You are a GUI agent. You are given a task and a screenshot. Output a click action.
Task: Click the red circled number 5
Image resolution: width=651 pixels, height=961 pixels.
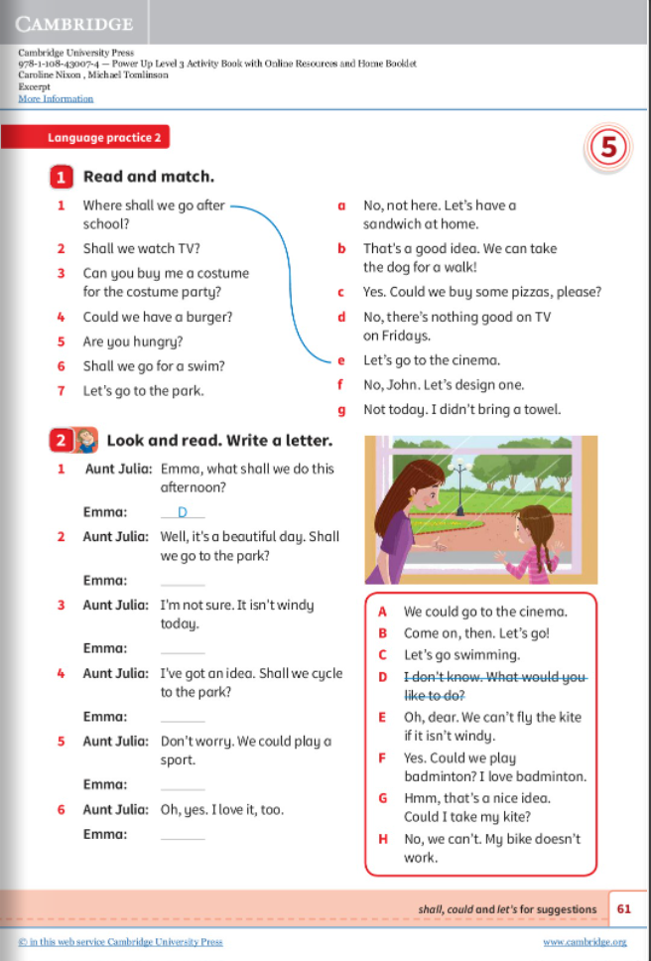coord(607,148)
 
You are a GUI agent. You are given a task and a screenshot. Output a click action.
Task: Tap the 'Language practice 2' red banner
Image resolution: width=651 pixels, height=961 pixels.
coord(103,138)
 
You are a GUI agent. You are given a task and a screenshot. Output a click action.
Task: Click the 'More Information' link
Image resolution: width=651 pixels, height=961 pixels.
coord(56,98)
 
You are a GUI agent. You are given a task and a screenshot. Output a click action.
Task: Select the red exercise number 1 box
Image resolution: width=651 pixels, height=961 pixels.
coord(61,178)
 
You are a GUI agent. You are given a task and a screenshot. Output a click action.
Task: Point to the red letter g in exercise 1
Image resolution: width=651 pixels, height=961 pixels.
coord(341,409)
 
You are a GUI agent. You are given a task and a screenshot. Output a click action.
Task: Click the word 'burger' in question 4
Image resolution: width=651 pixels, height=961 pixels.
coord(210,318)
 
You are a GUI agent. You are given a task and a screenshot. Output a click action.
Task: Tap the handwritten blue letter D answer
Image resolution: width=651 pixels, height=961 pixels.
coord(182,512)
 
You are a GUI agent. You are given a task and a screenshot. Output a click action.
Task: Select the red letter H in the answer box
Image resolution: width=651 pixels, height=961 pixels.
coord(383,839)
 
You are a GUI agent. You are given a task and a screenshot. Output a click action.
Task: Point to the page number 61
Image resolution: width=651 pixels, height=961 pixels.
coord(624,908)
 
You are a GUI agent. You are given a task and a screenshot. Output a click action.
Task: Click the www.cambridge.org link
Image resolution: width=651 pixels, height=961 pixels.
coord(585,942)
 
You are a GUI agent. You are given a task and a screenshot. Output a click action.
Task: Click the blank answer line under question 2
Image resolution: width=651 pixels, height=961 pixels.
coord(182,581)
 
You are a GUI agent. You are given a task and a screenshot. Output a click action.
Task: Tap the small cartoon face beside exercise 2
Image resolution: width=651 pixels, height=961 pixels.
coord(86,440)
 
